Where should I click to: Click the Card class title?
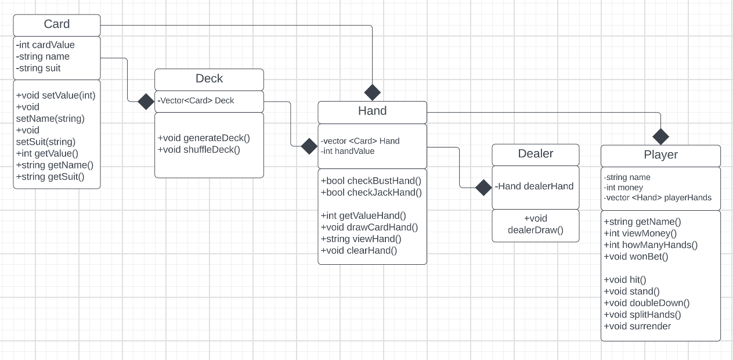57,24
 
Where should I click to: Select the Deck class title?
209,79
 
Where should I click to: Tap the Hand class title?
372,111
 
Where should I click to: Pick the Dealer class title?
535,154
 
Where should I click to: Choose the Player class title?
660,155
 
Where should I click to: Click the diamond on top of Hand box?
372,92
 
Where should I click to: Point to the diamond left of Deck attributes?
146,102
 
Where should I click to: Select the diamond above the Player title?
660,136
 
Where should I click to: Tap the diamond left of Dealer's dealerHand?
483,188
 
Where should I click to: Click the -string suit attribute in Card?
39,68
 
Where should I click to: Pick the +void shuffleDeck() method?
199,150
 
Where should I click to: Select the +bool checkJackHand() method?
371,193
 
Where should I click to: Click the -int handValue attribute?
348,151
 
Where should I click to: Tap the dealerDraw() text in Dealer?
535,230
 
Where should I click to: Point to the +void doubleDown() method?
647,303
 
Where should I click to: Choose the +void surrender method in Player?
637,326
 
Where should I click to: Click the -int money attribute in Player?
623,188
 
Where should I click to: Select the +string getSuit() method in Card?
50,177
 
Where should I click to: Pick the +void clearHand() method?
359,251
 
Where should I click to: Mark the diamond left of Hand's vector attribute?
309,146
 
